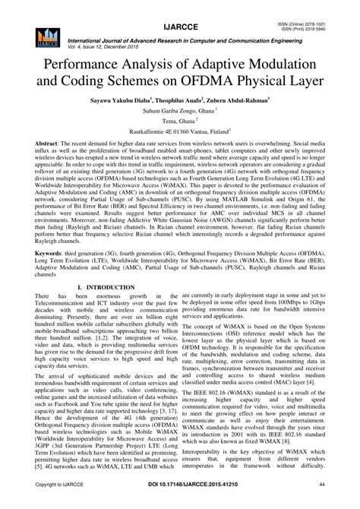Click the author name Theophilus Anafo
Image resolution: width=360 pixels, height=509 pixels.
[x=188, y=100]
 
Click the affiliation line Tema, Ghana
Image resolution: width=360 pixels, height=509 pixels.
[x=179, y=125]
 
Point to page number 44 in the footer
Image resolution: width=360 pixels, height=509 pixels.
[x=343, y=502]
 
